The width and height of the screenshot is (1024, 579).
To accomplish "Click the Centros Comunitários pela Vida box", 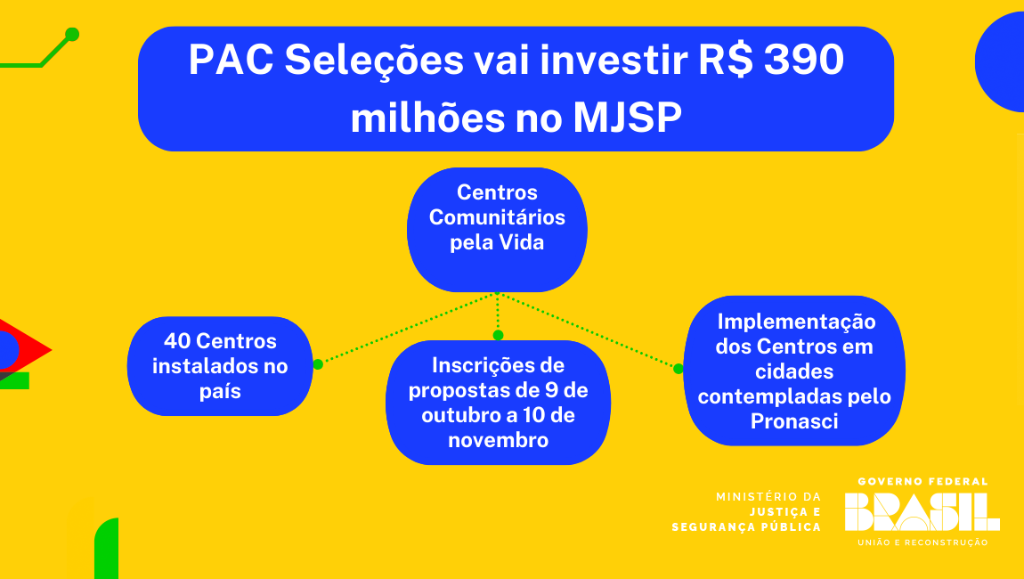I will (497, 230).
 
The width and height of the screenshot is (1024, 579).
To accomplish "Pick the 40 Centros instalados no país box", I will (220, 366).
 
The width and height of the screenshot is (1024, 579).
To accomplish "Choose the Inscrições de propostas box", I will (498, 403).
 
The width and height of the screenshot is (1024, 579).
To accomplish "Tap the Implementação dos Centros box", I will (794, 371).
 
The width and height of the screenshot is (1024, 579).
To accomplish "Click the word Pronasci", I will (794, 421).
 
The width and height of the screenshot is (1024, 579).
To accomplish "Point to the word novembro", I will (498, 440).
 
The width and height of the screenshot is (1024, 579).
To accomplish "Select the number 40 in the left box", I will (176, 341).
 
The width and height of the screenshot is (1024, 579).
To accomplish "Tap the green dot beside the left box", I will (318, 364).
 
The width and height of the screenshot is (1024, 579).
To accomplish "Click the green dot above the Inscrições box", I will (498, 335).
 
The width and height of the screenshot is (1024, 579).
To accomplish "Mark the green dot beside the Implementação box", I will (679, 368).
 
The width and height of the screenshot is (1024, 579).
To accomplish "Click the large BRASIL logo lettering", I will (922, 511).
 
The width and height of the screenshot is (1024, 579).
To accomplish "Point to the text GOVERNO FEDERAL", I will (922, 482).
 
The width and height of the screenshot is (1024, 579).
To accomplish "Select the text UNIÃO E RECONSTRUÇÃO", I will (922, 542).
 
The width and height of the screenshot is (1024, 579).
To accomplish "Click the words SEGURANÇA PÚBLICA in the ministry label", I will (746, 527).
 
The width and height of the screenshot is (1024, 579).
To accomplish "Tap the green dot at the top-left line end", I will (72, 35).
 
